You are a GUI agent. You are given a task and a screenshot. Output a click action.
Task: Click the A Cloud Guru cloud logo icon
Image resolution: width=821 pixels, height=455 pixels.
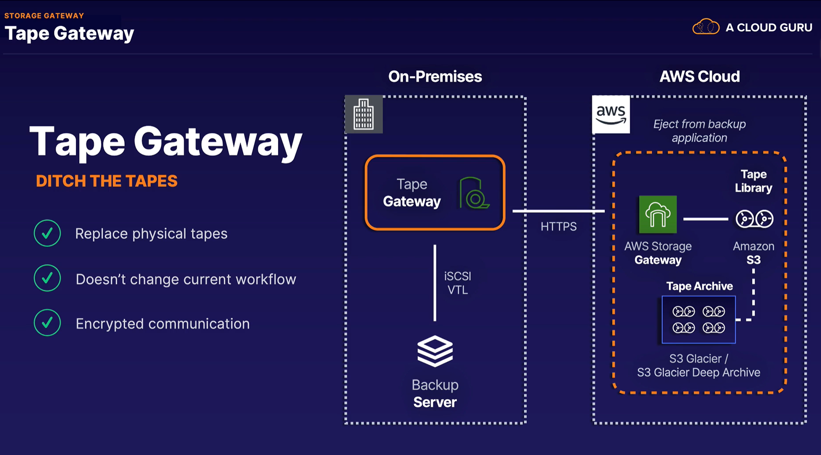tap(706, 27)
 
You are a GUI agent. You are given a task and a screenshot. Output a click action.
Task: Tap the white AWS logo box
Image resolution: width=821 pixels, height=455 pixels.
tap(611, 114)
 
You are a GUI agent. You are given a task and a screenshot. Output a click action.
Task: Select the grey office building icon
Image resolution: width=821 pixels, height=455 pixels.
tap(363, 114)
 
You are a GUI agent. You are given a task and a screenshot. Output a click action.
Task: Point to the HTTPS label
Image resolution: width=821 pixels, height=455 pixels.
tap(558, 227)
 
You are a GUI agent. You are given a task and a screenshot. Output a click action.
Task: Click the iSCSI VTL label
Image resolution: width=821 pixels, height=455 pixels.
tap(457, 283)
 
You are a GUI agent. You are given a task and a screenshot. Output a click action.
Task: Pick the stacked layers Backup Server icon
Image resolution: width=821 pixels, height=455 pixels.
tap(435, 351)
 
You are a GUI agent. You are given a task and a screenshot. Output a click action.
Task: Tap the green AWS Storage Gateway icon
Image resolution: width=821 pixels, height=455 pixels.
tap(658, 215)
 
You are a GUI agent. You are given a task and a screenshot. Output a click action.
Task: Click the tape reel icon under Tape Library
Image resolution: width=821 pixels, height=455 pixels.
tap(754, 219)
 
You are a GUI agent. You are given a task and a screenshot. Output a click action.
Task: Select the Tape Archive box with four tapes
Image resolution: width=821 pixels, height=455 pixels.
tap(698, 320)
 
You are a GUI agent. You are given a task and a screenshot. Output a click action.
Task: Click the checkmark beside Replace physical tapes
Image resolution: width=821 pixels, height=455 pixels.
tap(47, 233)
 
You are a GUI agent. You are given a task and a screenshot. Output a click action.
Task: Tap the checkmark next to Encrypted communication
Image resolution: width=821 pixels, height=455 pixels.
tap(47, 323)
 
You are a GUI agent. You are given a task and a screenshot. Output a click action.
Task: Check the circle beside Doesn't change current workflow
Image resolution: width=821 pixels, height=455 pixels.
tap(47, 278)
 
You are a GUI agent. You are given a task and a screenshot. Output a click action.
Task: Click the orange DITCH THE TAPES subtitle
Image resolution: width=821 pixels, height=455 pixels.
tap(106, 181)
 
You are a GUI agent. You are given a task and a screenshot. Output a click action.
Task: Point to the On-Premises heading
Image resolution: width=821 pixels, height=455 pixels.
tap(435, 77)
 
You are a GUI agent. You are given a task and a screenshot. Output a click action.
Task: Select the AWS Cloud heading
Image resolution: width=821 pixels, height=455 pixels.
tap(700, 77)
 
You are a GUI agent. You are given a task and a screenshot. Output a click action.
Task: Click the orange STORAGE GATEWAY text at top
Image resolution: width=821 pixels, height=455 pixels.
tap(44, 16)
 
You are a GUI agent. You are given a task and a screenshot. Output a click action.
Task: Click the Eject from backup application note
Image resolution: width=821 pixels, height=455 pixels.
tap(699, 131)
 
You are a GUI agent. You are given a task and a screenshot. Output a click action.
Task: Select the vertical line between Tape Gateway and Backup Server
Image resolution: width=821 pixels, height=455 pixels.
tap(435, 283)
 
